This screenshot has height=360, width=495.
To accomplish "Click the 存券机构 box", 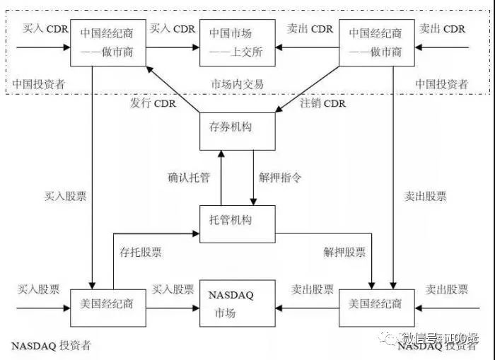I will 231,128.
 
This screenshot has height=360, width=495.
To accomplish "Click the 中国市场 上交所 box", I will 231,42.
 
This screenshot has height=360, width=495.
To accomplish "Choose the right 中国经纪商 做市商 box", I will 375,42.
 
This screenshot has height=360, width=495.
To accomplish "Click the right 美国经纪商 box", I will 375,304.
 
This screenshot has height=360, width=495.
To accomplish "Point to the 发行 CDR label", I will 153,104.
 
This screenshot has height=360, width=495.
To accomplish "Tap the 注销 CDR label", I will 323,104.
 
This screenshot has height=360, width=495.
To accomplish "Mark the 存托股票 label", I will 135,251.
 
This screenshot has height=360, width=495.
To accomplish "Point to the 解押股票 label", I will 345,251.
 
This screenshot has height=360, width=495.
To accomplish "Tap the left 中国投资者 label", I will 38,84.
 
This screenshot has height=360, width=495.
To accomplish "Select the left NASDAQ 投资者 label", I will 52,346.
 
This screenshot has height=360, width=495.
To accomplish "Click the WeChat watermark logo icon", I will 391,339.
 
